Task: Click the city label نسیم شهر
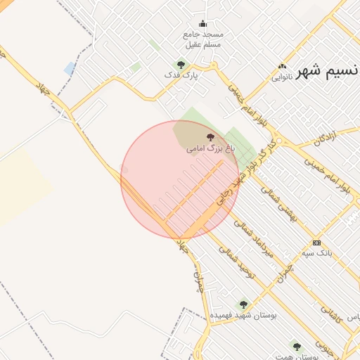pyautogui.click(x=328, y=72)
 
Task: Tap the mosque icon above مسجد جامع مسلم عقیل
pyautogui.click(x=203, y=23)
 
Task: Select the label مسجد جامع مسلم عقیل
pyautogui.click(x=202, y=39)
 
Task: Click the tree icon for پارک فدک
pyautogui.click(x=181, y=65)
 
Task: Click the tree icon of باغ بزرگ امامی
pyautogui.click(x=210, y=137)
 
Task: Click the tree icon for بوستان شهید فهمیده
pyautogui.click(x=243, y=304)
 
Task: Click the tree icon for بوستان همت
pyautogui.click(x=297, y=347)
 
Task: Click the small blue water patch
pyautogui.click(x=69, y=68)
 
